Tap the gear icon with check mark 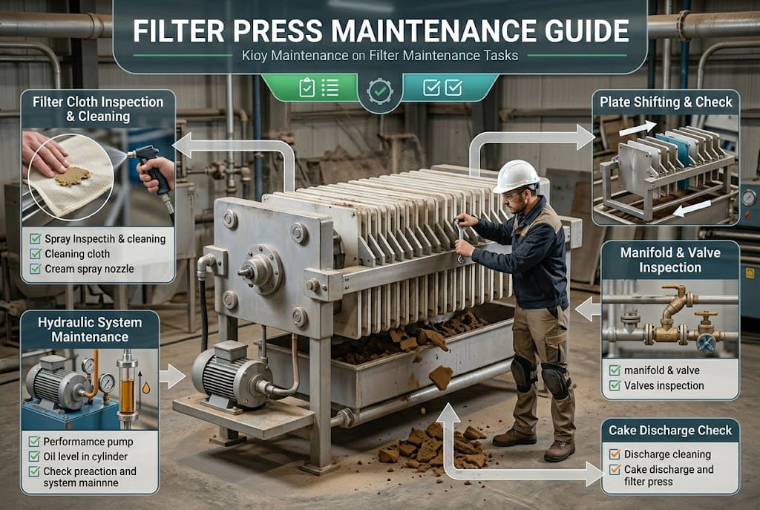coord(380,91)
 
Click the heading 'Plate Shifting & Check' coord(666,102)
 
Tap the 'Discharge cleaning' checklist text coord(667,454)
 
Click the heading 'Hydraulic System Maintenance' coord(90,329)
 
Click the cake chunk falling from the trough coord(440,377)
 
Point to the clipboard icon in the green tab coord(307,88)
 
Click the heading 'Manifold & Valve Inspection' coord(669,260)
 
